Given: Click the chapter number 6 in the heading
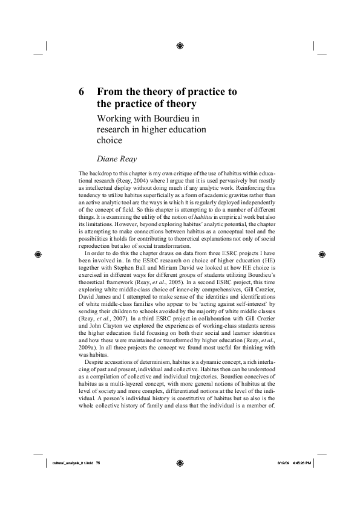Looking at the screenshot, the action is (82, 92).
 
